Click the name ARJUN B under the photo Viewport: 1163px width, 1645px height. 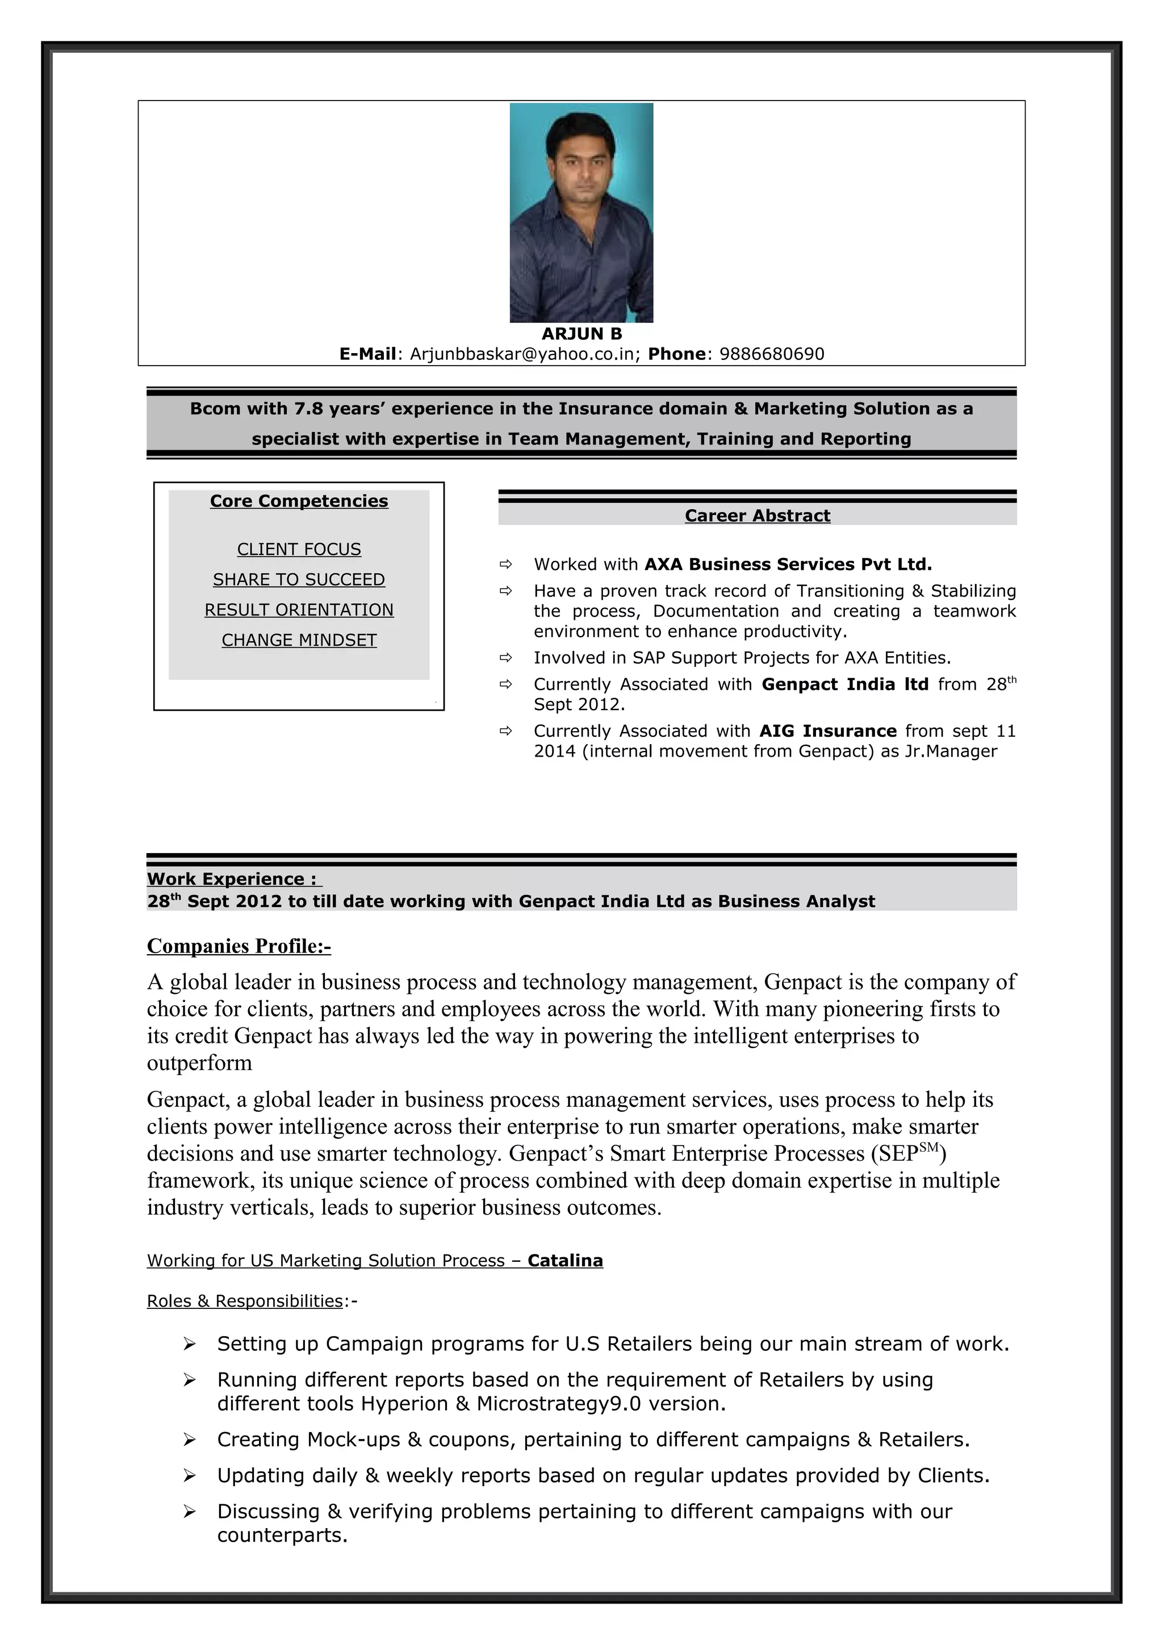coord(581,334)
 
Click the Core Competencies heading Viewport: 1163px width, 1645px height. coord(299,501)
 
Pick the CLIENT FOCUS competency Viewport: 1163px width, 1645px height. coord(299,549)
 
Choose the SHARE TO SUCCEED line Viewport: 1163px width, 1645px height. coord(299,579)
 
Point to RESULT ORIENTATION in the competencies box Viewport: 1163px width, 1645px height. coord(299,610)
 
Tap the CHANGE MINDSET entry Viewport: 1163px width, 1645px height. coord(299,640)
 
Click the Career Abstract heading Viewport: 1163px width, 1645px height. coord(757,515)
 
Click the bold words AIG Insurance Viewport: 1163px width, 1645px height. coord(827,731)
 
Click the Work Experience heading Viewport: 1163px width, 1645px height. coord(233,879)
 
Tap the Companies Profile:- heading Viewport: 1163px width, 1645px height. coord(239,946)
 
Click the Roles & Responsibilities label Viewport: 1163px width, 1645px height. coord(244,1300)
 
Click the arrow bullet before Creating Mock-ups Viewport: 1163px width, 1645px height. coord(189,1440)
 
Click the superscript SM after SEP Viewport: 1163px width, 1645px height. coord(928,1147)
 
